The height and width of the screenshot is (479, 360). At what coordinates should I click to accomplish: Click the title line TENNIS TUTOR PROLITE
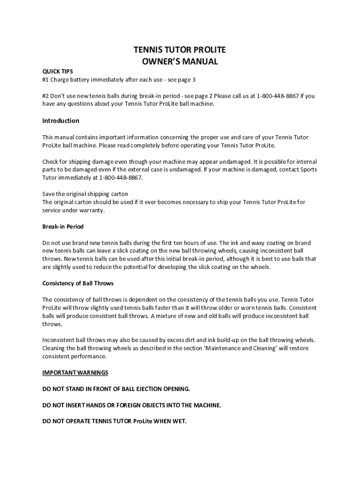[180, 51]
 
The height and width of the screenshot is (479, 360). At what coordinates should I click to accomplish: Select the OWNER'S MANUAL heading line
[180, 61]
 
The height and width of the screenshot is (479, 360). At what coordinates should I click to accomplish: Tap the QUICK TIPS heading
[58, 72]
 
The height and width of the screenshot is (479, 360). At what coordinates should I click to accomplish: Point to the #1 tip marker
[46, 80]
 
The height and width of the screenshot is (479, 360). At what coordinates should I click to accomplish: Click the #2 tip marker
[46, 96]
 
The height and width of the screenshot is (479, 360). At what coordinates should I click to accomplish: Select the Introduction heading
[61, 121]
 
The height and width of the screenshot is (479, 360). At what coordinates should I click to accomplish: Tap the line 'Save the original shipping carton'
[85, 194]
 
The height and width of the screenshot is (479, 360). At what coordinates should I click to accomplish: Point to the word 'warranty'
[92, 210]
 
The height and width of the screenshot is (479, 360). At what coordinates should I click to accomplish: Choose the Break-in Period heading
[63, 227]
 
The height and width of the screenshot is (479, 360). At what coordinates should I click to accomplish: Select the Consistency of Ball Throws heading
[78, 283]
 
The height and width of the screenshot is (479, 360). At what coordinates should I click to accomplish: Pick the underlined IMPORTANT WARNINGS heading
[75, 373]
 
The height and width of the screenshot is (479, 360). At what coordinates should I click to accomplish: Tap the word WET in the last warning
[179, 421]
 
